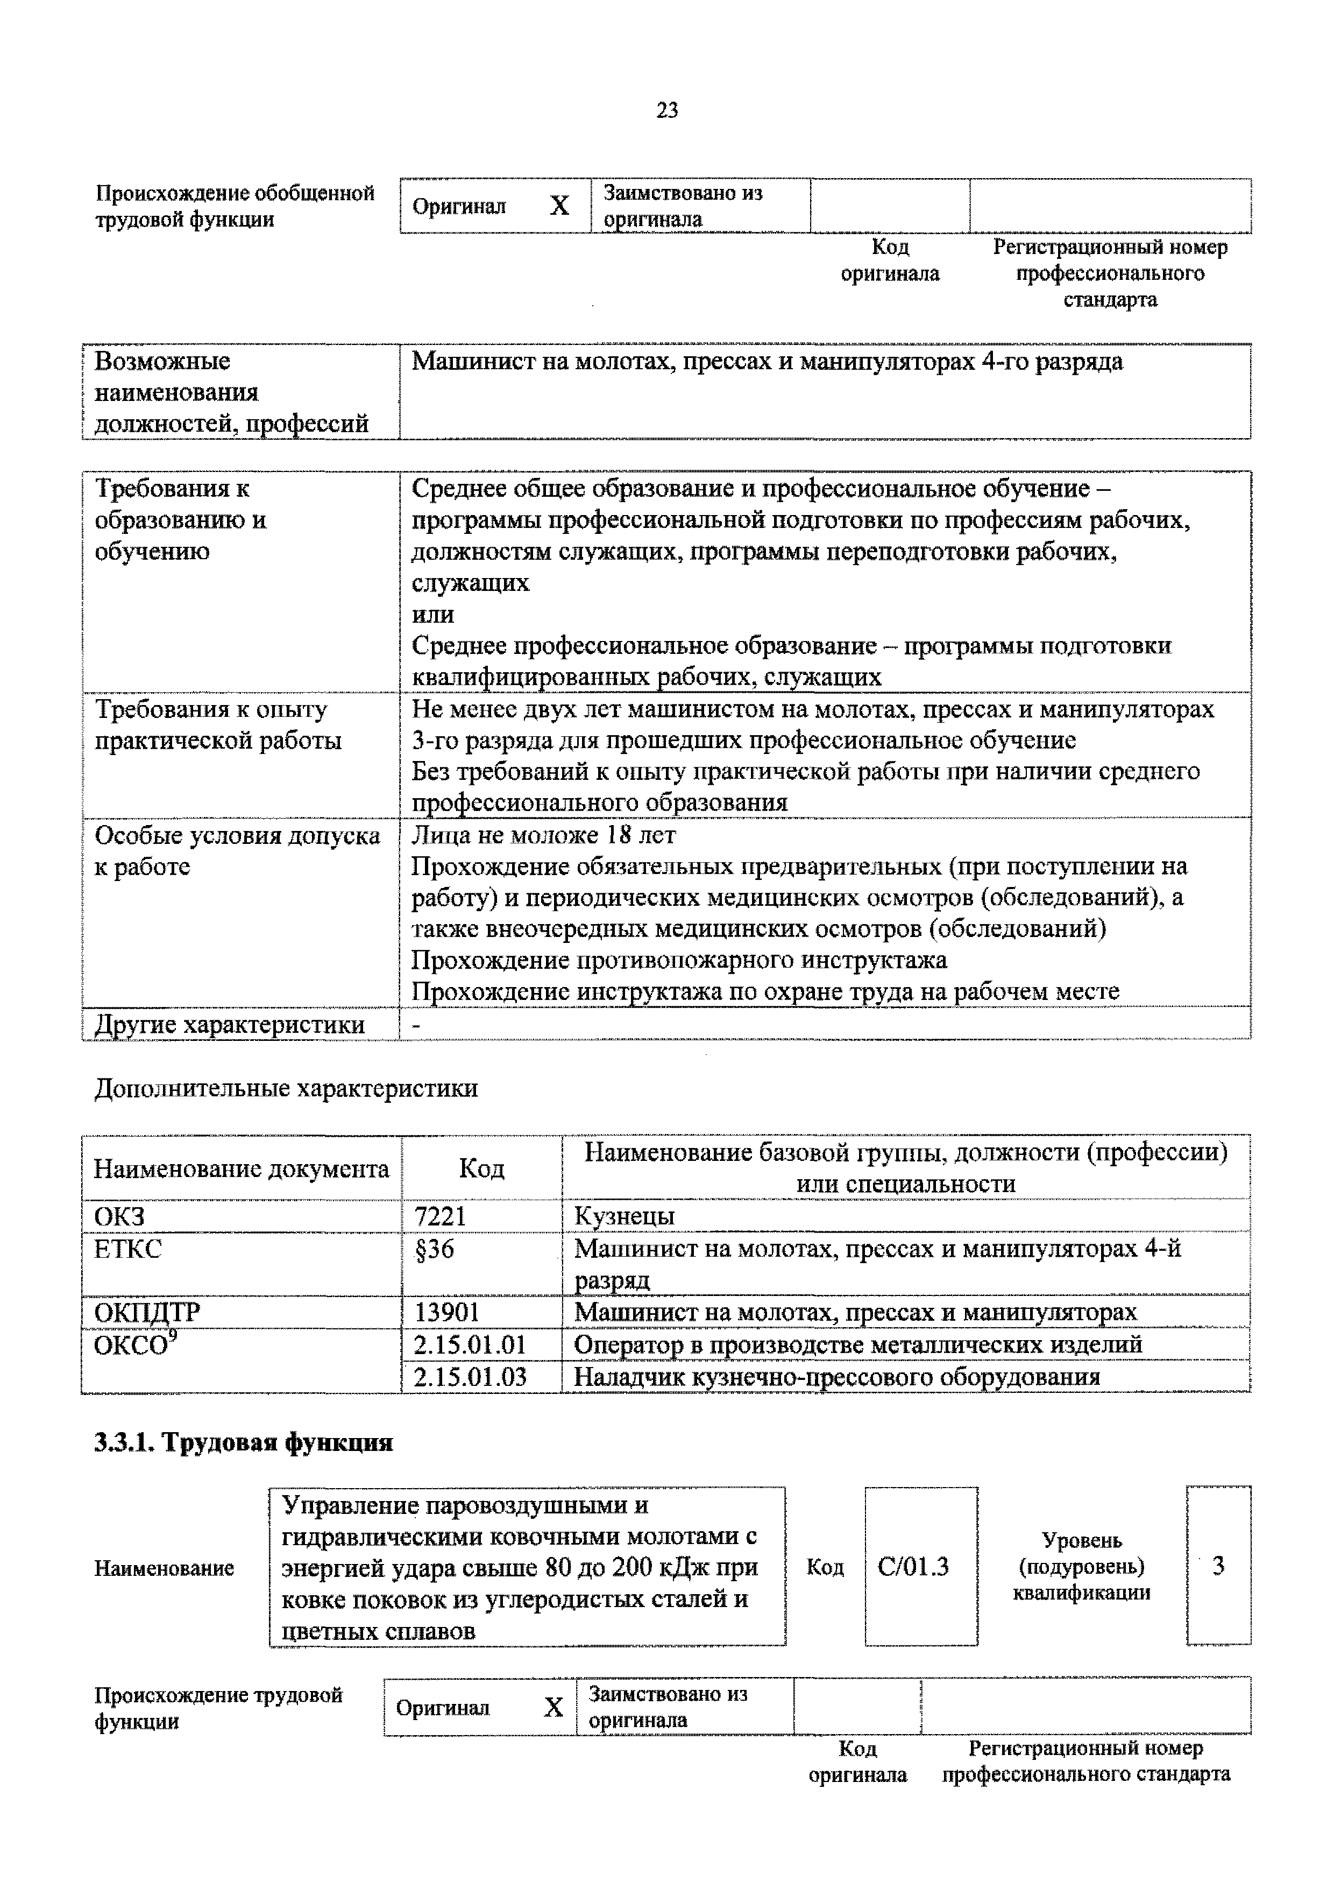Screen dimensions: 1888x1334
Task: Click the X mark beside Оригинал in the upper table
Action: pyautogui.click(x=559, y=206)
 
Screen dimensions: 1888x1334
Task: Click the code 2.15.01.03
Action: pyautogui.click(x=470, y=1377)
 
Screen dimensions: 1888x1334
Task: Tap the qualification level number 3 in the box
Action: pyautogui.click(x=1218, y=1565)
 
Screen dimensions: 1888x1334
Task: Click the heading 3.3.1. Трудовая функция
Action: pyautogui.click(x=243, y=1442)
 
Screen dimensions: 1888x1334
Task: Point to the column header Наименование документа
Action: pyautogui.click(x=241, y=1168)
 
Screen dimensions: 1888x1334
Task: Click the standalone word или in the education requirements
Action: pyautogui.click(x=432, y=614)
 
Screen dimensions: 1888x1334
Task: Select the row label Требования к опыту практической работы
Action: pyautogui.click(x=218, y=724)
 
